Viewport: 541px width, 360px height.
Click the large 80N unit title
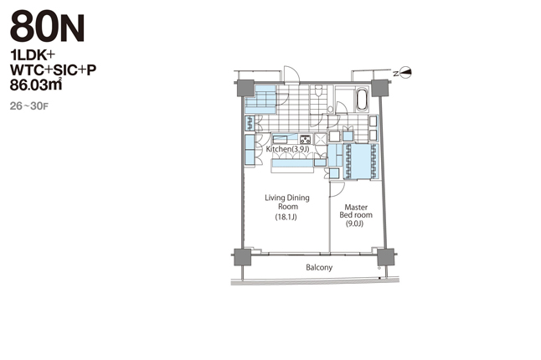[x=47, y=27]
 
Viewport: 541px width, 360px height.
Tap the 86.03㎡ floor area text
[x=36, y=85]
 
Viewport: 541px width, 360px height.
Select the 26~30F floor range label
[x=29, y=106]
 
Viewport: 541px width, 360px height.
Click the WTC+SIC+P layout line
[x=53, y=70]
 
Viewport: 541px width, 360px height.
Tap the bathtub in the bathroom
[x=362, y=100]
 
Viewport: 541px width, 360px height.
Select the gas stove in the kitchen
[x=306, y=139]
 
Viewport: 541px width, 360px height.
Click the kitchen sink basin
[x=281, y=140]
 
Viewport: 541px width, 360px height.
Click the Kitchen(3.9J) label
[x=287, y=149]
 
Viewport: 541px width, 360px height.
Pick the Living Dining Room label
[x=287, y=202]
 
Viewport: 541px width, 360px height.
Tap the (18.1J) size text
[x=286, y=217]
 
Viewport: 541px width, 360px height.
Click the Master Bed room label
[x=356, y=211]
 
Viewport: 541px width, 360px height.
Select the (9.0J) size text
[x=355, y=224]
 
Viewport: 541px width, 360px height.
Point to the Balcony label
[x=319, y=267]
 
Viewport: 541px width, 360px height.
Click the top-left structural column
[x=245, y=89]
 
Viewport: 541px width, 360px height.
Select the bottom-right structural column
[x=386, y=257]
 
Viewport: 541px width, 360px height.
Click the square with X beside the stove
[x=321, y=139]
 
